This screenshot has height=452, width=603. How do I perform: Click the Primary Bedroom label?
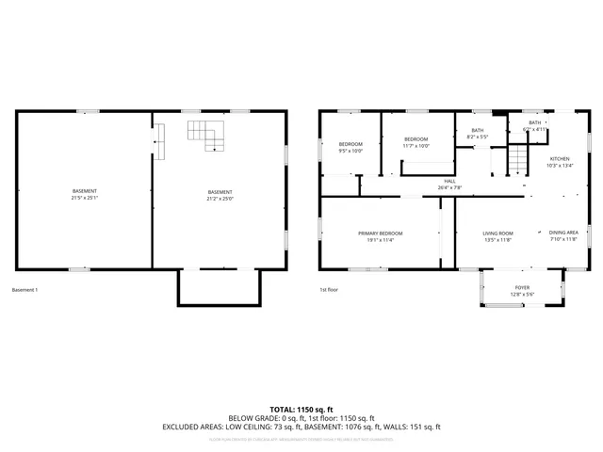pos(381,233)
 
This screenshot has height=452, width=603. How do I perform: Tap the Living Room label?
pos(497,233)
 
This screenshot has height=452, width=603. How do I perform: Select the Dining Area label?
pos(563,232)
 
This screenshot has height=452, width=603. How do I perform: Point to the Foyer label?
pos(522,288)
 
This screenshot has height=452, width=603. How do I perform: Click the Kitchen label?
pos(561,159)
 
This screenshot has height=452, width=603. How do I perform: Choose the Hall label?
pos(450,181)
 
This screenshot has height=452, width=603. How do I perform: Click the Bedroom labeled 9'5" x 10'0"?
pos(350,144)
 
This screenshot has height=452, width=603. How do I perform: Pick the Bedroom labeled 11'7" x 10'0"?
pos(416,138)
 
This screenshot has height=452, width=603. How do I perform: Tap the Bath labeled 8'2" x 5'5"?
pos(478,130)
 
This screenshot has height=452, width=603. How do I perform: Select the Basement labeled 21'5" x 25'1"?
pos(84,191)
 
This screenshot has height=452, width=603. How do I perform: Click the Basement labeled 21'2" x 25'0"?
pos(220,192)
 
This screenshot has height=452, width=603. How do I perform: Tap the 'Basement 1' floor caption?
pos(24,289)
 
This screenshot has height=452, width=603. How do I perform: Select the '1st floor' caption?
pos(329,289)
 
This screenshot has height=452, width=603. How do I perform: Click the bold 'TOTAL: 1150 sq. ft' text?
pos(301,410)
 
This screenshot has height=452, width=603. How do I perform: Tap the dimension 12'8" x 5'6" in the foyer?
pos(522,295)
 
